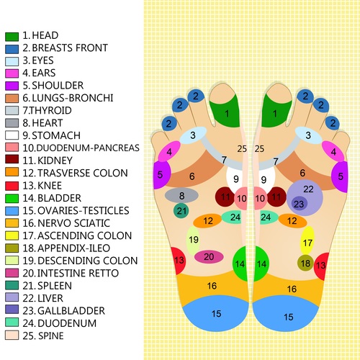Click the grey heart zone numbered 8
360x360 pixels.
[x=181, y=195]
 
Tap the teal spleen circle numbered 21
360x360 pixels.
[x=181, y=211]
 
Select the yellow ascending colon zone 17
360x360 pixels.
[x=307, y=240]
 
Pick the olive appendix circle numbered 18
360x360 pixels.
[x=305, y=263]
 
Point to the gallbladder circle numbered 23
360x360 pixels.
[x=300, y=204]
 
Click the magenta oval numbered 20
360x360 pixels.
[x=209, y=257]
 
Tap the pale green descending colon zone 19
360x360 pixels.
[x=193, y=240]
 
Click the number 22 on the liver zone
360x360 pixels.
[x=308, y=189]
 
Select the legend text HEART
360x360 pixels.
[x=48, y=123]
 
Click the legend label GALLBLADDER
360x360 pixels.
[x=71, y=310]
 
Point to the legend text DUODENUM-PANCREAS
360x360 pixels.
[x=88, y=148]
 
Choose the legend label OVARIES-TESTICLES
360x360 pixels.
[x=84, y=210]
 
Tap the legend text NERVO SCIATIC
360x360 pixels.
[x=73, y=223]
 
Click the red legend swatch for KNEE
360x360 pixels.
[x=12, y=186]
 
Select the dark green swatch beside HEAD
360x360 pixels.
[x=12, y=37]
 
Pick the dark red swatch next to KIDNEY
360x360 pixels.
[x=12, y=159]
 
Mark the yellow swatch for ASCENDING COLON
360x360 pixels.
[x=12, y=235]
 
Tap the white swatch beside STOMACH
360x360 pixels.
[x=12, y=135]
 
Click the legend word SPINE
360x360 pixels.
[x=50, y=336]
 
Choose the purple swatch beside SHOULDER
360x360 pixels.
[x=12, y=86]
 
